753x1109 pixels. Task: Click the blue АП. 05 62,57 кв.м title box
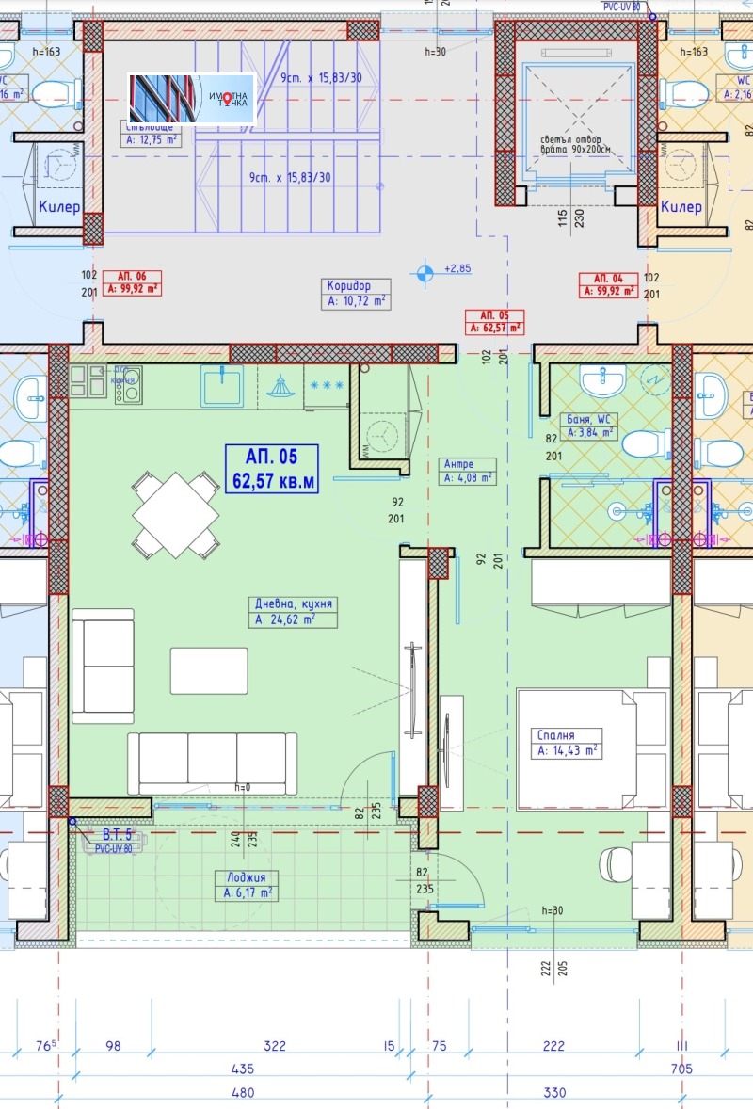pyautogui.click(x=271, y=470)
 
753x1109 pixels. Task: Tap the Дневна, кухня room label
pyautogui.click(x=293, y=611)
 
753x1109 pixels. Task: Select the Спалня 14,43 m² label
pyautogui.click(x=568, y=742)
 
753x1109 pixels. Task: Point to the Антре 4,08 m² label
pyautogui.click(x=469, y=471)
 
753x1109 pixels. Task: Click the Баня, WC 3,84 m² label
pyautogui.click(x=588, y=426)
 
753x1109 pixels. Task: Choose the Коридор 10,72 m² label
pyautogui.click(x=355, y=294)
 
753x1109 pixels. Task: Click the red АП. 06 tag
pyautogui.click(x=132, y=283)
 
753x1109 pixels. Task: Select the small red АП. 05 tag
pyautogui.click(x=495, y=321)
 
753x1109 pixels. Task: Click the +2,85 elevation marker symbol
pyautogui.click(x=426, y=272)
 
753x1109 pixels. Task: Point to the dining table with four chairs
pyautogui.click(x=176, y=515)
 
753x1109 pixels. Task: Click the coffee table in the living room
pyautogui.click(x=209, y=670)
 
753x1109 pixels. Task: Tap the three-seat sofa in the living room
pyautogui.click(x=212, y=763)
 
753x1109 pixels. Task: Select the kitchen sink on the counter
pyautogui.click(x=221, y=386)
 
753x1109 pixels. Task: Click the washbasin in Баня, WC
pyautogui.click(x=601, y=381)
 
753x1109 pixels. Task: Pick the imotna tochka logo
pyautogui.click(x=193, y=98)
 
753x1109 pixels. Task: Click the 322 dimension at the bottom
pyautogui.click(x=275, y=1047)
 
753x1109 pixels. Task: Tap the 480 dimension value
pyautogui.click(x=243, y=1092)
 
